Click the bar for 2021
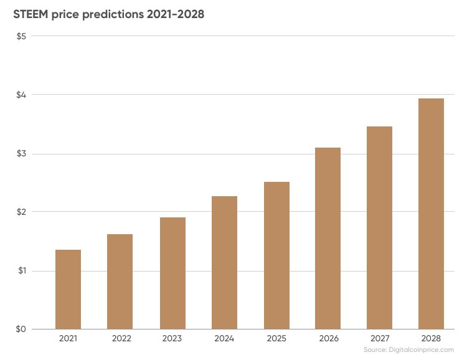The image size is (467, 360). [x=68, y=290]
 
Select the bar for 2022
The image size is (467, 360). [x=120, y=282]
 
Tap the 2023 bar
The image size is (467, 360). [x=172, y=273]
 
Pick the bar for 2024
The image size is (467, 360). [x=224, y=263]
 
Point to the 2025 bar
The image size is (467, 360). [x=276, y=255]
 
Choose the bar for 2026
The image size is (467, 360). [x=328, y=239]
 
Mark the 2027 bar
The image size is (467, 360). [x=379, y=228]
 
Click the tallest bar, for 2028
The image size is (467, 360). [x=431, y=214]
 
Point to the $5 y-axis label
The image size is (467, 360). [x=21, y=36]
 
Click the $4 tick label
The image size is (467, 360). [x=21, y=95]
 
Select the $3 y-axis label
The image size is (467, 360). [x=21, y=154]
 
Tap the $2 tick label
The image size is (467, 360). [x=21, y=212]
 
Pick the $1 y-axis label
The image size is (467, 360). [x=22, y=270]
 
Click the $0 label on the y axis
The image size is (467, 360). [x=21, y=329]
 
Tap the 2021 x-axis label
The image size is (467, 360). [x=68, y=339]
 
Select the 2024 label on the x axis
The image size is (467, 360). [x=224, y=339]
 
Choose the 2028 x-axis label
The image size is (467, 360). [x=431, y=339]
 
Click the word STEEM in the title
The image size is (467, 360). [x=31, y=14]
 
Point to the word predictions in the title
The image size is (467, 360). [x=113, y=14]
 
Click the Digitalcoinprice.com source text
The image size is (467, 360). [x=421, y=349]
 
